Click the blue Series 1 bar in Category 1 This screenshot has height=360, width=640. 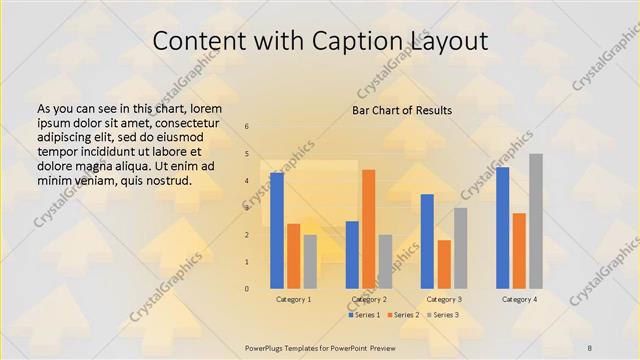276,231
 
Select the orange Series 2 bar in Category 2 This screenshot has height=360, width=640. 368,229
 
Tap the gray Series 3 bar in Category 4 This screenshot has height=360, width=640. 536,221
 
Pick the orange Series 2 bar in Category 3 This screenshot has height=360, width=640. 444,264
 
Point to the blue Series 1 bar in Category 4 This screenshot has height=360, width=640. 502,228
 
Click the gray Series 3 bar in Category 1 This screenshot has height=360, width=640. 310,262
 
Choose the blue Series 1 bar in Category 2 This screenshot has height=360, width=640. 352,255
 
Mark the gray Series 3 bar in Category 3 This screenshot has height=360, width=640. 460,248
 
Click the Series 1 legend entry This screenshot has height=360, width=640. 365,315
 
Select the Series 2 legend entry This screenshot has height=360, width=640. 402,315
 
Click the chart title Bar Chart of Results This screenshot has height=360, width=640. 402,110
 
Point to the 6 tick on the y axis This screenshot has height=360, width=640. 247,127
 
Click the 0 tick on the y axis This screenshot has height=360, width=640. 247,289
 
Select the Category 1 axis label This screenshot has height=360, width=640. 293,299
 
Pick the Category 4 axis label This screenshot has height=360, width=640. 519,299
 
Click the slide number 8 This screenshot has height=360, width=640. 590,346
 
